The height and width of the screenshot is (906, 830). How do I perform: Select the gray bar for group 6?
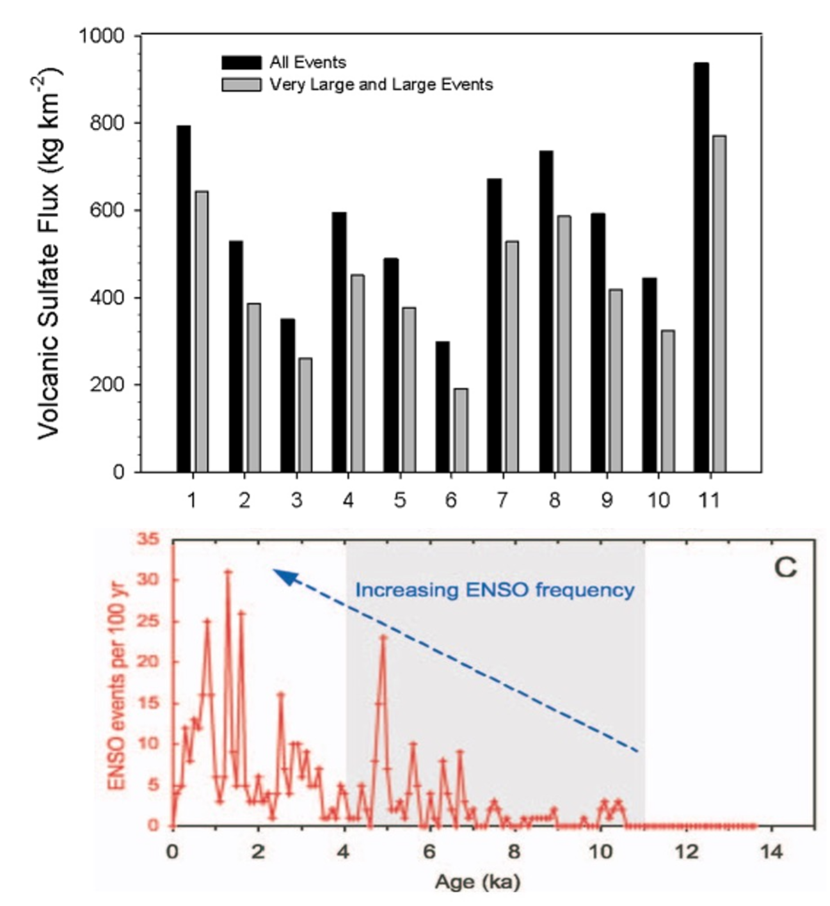click(460, 430)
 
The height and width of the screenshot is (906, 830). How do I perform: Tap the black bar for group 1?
click(184, 299)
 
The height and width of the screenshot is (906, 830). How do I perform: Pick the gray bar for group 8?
click(564, 344)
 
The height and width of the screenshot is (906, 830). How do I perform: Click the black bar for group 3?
click(287, 395)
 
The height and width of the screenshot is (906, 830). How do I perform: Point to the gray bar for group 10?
click(667, 401)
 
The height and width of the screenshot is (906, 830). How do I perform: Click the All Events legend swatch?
click(241, 62)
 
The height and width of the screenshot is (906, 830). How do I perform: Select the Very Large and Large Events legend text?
click(381, 84)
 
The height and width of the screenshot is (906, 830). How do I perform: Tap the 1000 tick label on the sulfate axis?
click(101, 35)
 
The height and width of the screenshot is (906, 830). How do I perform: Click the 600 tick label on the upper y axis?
click(107, 211)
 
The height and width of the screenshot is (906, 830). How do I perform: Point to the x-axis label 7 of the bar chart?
click(502, 500)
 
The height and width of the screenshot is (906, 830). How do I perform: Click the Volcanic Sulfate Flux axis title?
click(49, 253)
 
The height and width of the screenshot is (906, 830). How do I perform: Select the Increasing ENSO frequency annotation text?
click(495, 590)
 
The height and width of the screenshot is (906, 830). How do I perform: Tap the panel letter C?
click(785, 568)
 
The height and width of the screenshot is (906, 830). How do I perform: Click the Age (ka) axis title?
click(477, 882)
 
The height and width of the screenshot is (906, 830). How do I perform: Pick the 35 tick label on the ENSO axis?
click(147, 539)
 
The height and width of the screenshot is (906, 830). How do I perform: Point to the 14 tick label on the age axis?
click(771, 852)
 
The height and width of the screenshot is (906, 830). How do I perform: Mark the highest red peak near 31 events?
click(228, 571)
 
